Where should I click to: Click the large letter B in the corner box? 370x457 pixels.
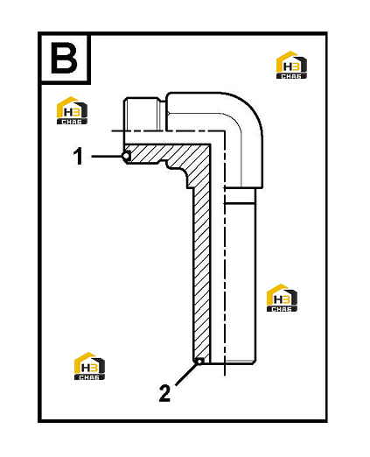click(64, 58)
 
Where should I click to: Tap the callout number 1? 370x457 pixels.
click(78, 156)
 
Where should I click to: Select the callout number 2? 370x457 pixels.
click(164, 393)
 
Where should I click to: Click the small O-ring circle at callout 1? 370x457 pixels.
click(127, 157)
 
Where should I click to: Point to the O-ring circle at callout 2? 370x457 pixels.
click(199, 362)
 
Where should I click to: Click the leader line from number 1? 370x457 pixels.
click(107, 157)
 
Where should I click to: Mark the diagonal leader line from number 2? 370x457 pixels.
click(186, 374)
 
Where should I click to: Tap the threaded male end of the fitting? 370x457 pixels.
click(141, 114)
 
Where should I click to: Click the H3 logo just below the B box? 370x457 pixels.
click(72, 110)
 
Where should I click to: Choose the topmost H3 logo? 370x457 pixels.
click(291, 65)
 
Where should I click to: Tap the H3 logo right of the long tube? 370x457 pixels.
click(282, 298)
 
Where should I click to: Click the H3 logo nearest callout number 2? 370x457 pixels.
click(89, 366)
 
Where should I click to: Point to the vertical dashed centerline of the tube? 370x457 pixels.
click(225, 253)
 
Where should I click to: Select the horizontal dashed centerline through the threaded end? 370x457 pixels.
click(168, 130)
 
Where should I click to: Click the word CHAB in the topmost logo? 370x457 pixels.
click(291, 76)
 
